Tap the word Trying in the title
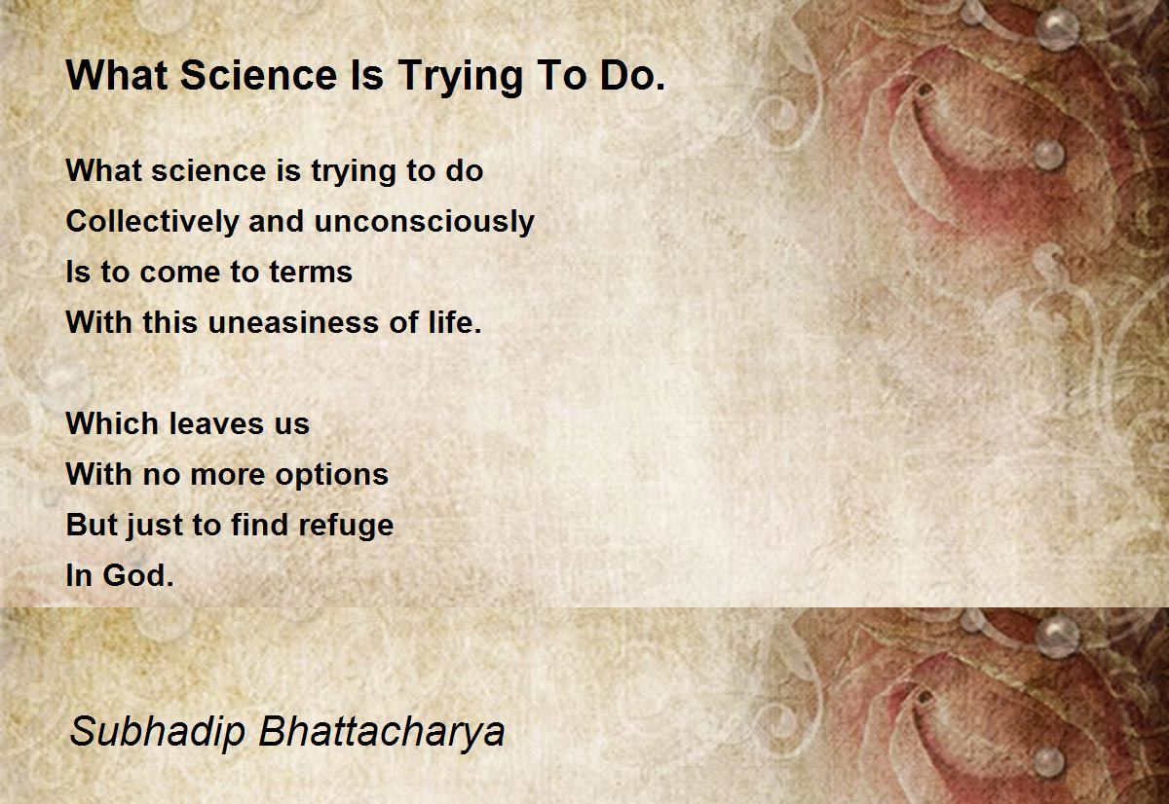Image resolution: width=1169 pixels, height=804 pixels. pyautogui.click(x=461, y=77)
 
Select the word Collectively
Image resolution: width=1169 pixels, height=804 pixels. pyautogui.click(x=152, y=221)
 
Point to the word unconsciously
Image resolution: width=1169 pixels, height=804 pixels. pyautogui.click(x=425, y=221)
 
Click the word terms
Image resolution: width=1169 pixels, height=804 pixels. pyautogui.click(x=311, y=272)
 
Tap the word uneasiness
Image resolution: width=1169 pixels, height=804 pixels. pyautogui.click(x=293, y=322)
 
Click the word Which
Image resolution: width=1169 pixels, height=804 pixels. pyautogui.click(x=113, y=422)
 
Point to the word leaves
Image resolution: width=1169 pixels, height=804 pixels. pyautogui.click(x=216, y=422)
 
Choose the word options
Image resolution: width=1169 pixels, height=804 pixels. pyautogui.click(x=331, y=475)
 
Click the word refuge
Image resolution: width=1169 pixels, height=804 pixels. pyautogui.click(x=346, y=525)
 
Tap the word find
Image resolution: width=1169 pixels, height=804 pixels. pyautogui.click(x=259, y=524)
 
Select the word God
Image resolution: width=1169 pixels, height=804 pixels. pyautogui.click(x=137, y=575)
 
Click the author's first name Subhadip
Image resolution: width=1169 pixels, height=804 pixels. pyautogui.click(x=158, y=732)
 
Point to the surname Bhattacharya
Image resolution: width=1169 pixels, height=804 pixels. pyautogui.click(x=382, y=732)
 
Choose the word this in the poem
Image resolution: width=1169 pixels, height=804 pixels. pyautogui.click(x=170, y=322)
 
